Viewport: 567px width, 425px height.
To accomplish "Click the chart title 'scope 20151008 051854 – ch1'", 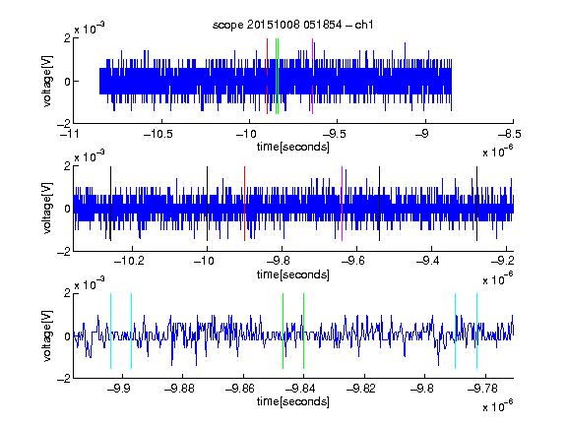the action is [x=293, y=25].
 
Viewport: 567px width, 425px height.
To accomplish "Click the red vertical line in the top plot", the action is [x=267, y=76].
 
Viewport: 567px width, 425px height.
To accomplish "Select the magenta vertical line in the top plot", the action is [x=312, y=76].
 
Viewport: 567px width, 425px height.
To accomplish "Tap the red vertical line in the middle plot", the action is [x=244, y=204].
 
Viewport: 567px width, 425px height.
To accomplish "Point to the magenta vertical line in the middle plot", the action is [x=343, y=204].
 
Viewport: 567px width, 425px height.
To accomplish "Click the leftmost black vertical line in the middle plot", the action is [x=110, y=204].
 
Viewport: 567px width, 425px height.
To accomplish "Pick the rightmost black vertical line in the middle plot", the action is [x=476, y=204].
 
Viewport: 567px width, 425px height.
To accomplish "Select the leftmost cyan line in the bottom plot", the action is [x=110, y=331].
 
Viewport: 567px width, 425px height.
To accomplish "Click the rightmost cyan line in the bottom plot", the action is [x=476, y=331].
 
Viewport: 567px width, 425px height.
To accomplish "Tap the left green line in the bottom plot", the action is [x=283, y=331].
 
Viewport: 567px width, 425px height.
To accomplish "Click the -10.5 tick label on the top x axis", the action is [x=158, y=134].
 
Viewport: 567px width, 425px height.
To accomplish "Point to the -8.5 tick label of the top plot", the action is [x=510, y=134].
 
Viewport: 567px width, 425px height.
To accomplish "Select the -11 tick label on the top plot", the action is [x=70, y=134].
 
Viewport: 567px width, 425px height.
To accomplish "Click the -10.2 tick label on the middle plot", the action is [x=129, y=261].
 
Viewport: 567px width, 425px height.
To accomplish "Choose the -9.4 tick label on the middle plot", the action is [x=428, y=261].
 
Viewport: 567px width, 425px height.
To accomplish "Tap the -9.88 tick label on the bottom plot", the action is [x=179, y=389].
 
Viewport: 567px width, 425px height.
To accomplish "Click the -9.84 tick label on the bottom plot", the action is [x=300, y=389].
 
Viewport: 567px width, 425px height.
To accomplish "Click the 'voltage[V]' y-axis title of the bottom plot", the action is [x=47, y=336].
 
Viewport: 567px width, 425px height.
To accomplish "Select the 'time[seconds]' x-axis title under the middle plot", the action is [x=293, y=274].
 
